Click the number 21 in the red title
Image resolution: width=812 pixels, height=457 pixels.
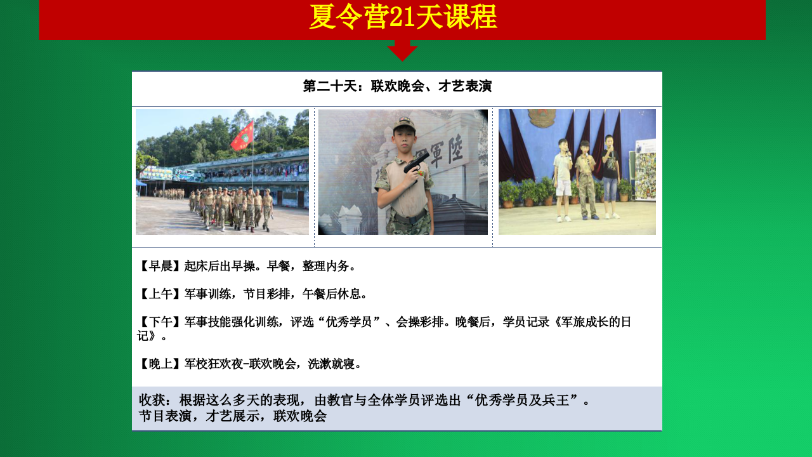coord(402,17)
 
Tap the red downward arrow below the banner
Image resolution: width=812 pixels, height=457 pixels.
coord(402,50)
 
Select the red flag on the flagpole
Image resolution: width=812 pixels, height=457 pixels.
coord(242,136)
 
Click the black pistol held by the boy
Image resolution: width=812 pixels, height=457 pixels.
coord(416,164)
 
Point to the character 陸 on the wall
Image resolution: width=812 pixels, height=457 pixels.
coord(455,149)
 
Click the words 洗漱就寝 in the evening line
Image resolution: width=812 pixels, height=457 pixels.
coord(331,364)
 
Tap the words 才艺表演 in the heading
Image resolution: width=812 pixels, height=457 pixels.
coord(465,86)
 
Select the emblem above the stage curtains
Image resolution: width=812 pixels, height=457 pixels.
coord(542,117)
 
